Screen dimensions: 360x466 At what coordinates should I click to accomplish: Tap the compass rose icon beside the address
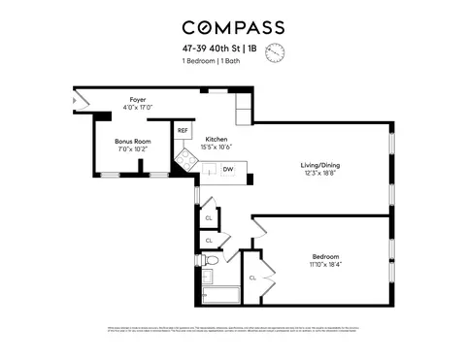tap(275, 52)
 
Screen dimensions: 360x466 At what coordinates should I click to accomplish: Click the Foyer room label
tap(138, 99)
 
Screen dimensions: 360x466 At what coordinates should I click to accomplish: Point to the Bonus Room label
tap(130, 143)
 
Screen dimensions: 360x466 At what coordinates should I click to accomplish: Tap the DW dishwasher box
tap(228, 170)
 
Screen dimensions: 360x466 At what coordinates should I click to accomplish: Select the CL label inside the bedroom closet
tap(252, 278)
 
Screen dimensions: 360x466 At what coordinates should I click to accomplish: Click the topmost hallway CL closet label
tap(209, 218)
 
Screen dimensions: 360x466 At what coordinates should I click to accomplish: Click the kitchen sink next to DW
tap(208, 171)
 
